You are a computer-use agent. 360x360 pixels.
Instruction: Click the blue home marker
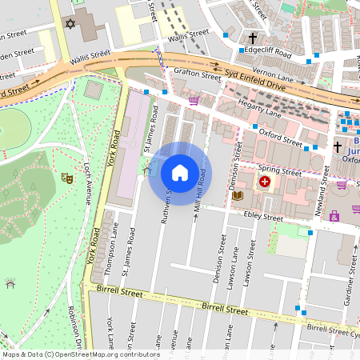tap(180, 173)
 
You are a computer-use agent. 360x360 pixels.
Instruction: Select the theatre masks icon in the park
tap(68, 180)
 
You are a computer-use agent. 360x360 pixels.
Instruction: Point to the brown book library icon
tap(237, 195)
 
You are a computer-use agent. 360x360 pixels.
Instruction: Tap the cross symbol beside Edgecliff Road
tap(253, 38)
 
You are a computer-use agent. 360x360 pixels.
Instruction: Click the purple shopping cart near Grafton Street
tap(194, 101)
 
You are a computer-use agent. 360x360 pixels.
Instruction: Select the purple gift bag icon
tap(334, 216)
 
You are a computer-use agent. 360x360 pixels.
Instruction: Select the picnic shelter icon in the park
tap(10, 282)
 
